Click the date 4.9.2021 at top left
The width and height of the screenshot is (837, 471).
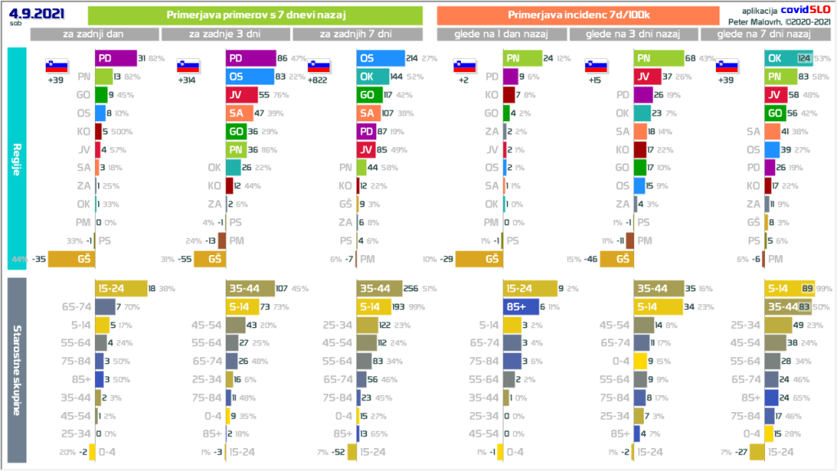point(26,12)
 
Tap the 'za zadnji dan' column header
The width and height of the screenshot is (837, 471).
point(95,34)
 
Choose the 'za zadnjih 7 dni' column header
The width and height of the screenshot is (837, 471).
point(356,34)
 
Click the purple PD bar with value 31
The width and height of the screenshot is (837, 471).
point(115,58)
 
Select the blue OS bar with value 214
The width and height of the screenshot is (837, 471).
point(381,58)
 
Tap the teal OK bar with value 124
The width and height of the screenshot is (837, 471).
point(788,58)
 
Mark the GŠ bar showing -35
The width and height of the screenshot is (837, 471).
point(71,258)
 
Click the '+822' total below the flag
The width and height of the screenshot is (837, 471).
point(318,80)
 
